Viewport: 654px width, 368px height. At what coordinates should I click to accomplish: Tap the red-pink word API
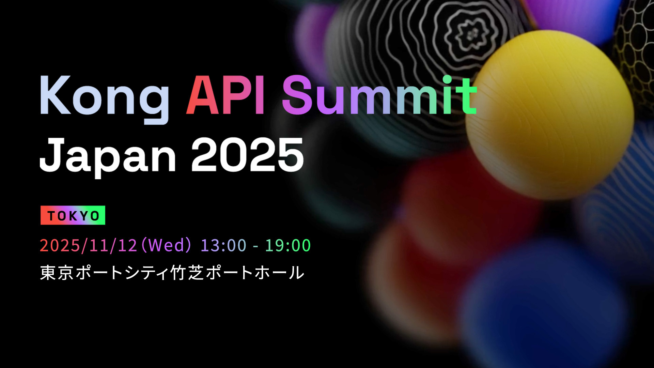(225, 95)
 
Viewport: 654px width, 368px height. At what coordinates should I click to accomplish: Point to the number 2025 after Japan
(247, 155)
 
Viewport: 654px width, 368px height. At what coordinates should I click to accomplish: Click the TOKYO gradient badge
(73, 215)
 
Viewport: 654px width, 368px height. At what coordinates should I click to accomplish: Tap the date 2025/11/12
(89, 245)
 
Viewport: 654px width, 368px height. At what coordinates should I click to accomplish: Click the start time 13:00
(223, 245)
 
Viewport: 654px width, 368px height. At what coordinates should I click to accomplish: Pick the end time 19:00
(288, 245)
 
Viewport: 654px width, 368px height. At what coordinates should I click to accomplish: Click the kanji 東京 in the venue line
(57, 273)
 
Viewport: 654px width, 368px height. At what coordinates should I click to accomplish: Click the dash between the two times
(255, 246)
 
